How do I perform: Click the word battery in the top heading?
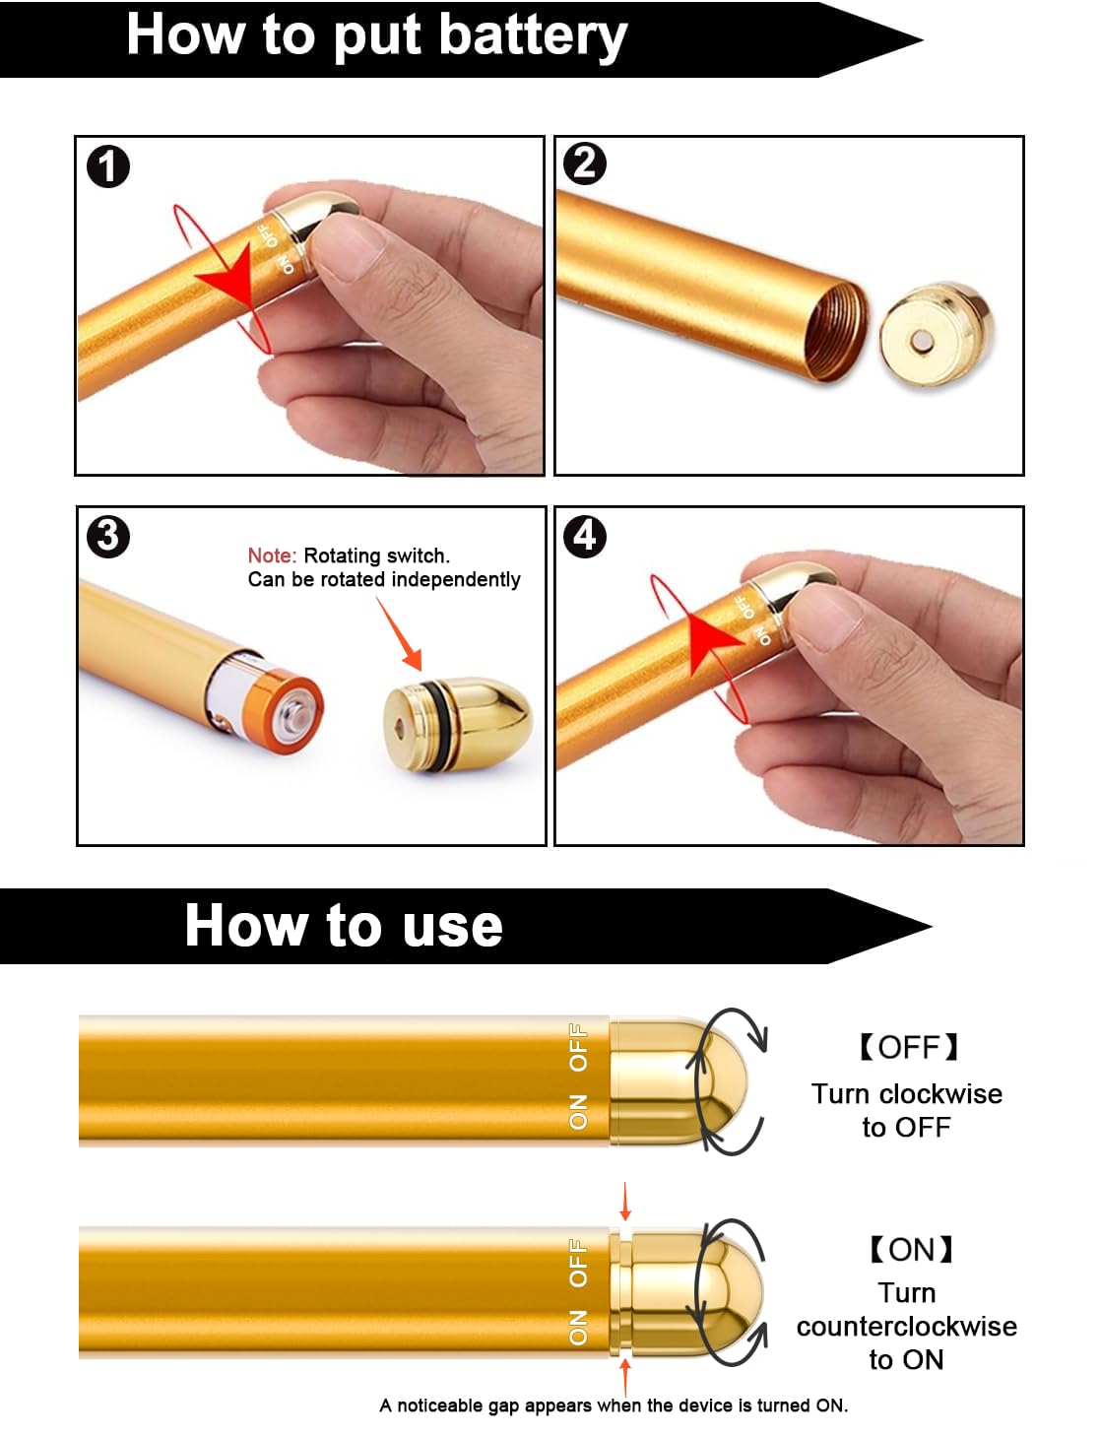pyautogui.click(x=533, y=35)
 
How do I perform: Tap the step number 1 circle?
pyautogui.click(x=108, y=166)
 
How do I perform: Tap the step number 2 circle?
pyautogui.click(x=584, y=163)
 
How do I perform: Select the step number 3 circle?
pyautogui.click(x=108, y=537)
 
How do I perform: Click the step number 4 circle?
pyautogui.click(x=585, y=536)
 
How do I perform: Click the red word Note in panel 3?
pyautogui.click(x=271, y=555)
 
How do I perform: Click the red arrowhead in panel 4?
pyautogui.click(x=709, y=640)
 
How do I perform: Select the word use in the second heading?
pyautogui.click(x=452, y=926)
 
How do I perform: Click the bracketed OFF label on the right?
pyautogui.click(x=908, y=1047)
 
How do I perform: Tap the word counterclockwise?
pyautogui.click(x=906, y=1327)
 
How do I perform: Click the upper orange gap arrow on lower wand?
pyautogui.click(x=624, y=1203)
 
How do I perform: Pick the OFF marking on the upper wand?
pyautogui.click(x=578, y=1048)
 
